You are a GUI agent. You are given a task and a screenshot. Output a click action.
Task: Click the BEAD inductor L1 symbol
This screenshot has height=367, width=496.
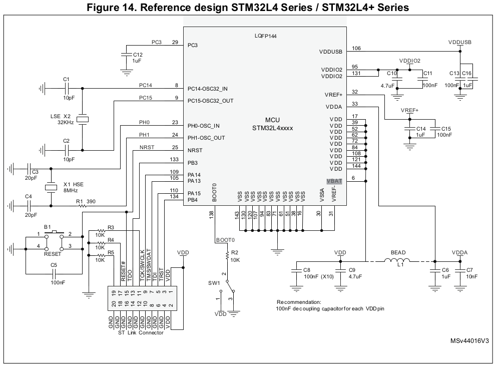[x=397, y=260]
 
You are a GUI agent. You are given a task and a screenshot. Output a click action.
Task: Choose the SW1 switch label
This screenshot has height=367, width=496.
[x=214, y=283]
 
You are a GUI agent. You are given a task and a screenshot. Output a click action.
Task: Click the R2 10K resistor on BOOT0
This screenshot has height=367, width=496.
[x=228, y=256]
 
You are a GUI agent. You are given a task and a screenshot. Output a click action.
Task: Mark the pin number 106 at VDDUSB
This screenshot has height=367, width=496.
[x=356, y=48]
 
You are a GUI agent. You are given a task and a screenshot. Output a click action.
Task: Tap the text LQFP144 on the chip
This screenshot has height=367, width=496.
[x=266, y=37]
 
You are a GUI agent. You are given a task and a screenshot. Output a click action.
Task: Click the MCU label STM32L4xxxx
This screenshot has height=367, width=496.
[x=272, y=128]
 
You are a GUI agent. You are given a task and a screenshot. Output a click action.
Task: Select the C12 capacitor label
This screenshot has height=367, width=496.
[x=137, y=54]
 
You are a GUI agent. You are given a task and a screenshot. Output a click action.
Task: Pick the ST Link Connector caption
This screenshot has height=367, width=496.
[x=141, y=333]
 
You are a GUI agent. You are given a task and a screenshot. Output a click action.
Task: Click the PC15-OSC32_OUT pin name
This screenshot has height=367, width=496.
[x=210, y=101]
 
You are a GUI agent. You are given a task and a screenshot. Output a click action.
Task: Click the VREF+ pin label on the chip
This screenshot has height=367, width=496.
[x=333, y=95]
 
